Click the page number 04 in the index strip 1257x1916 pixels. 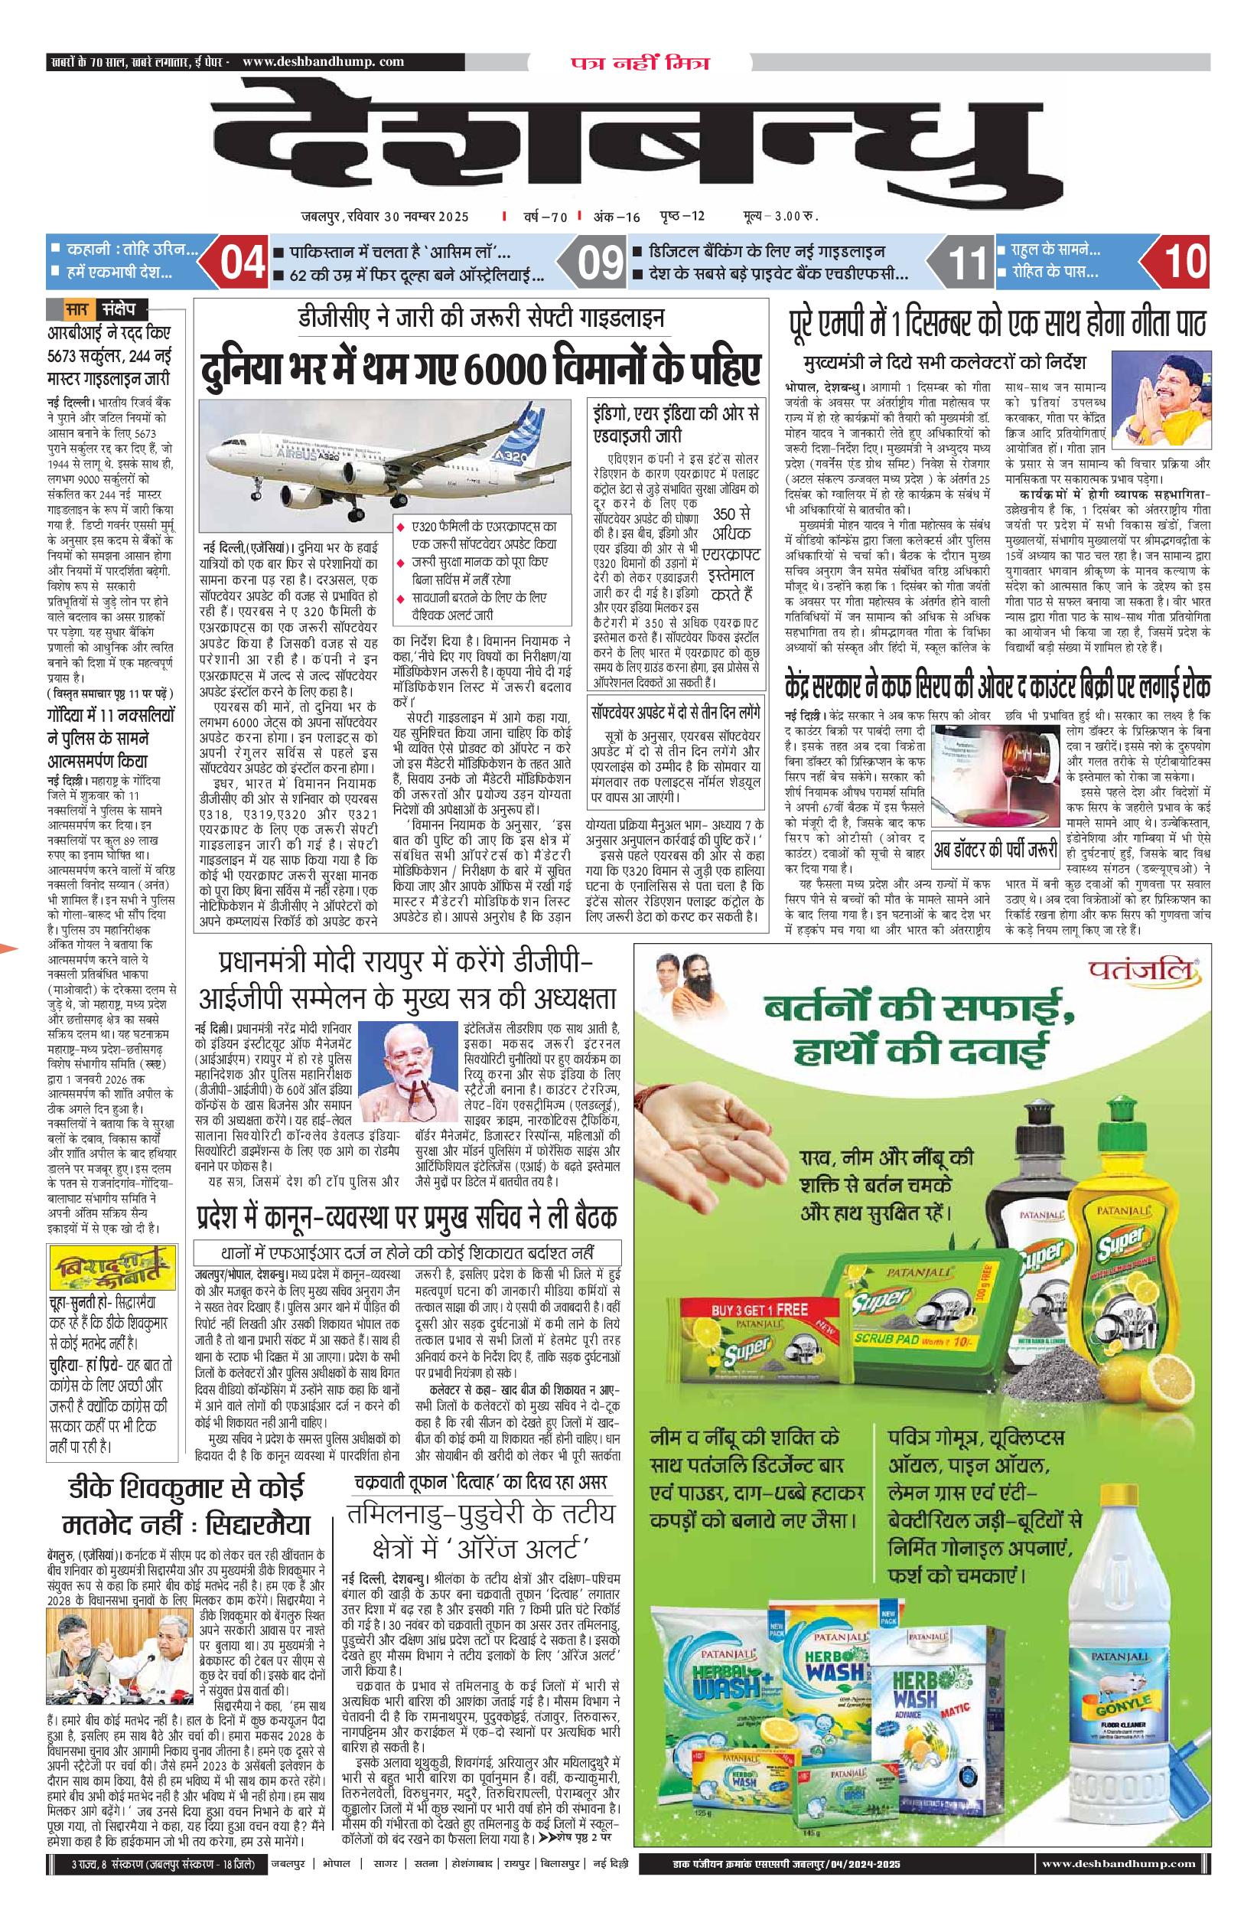(243, 263)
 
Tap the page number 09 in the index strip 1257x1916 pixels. (601, 263)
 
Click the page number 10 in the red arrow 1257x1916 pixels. (1184, 262)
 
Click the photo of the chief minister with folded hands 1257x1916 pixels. (1161, 400)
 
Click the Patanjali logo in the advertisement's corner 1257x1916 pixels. (1142, 971)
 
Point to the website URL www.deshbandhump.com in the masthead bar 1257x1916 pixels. (323, 62)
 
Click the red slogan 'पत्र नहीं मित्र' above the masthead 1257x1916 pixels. (640, 63)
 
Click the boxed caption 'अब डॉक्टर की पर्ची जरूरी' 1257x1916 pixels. (995, 850)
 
